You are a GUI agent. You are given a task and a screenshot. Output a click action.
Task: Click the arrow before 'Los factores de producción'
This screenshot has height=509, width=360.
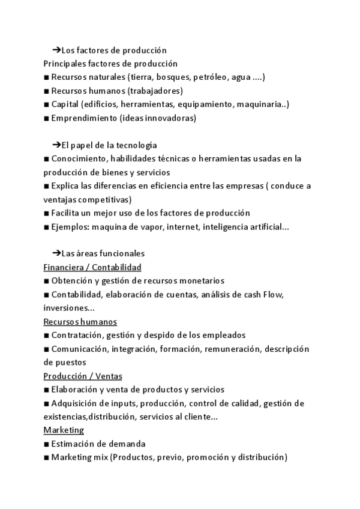[x=57, y=50]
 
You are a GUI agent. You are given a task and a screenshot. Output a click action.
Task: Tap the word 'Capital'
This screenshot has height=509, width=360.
[x=64, y=104]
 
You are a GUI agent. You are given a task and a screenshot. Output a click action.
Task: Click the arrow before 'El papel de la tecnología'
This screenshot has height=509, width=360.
[x=57, y=145]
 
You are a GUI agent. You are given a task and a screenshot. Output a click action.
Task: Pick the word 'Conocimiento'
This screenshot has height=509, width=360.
[x=77, y=158]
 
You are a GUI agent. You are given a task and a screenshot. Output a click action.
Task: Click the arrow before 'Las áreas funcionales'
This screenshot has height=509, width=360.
[x=57, y=254]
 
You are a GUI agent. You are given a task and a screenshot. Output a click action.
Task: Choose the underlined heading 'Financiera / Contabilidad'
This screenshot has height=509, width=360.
[x=92, y=267]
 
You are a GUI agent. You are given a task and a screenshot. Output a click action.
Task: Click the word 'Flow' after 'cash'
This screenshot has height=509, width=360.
[x=271, y=294]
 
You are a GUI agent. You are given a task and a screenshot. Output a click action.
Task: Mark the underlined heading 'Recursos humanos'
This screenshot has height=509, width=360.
[x=80, y=322]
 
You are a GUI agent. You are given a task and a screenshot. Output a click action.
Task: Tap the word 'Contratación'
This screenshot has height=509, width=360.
[x=76, y=335]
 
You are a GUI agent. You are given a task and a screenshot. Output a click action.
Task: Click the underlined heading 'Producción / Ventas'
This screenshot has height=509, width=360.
[x=83, y=376]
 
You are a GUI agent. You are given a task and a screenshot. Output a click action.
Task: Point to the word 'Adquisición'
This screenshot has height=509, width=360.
[x=75, y=403]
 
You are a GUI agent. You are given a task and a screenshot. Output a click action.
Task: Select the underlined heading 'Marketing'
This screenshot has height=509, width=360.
[x=64, y=430]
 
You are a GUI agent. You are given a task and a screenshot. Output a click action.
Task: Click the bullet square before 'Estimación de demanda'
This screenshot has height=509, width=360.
[x=47, y=444]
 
